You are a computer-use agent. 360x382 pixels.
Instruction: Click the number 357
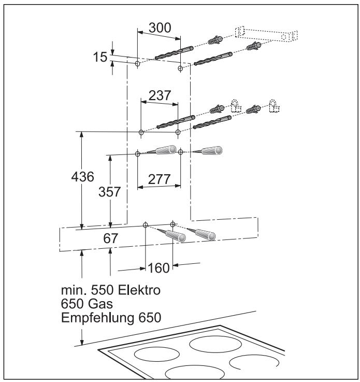pos(109,192)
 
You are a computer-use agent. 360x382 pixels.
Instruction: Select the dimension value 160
pos(159,268)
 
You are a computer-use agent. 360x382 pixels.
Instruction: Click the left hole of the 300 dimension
pos(137,64)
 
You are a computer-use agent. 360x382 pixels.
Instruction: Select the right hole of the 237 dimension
pos(178,132)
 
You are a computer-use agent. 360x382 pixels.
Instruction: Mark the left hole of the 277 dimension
pos(138,153)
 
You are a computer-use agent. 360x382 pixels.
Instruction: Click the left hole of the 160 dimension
pos(146,225)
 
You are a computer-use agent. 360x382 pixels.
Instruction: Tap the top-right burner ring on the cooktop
pos(213,344)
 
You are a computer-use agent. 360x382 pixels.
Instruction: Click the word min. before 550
pos(72,291)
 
